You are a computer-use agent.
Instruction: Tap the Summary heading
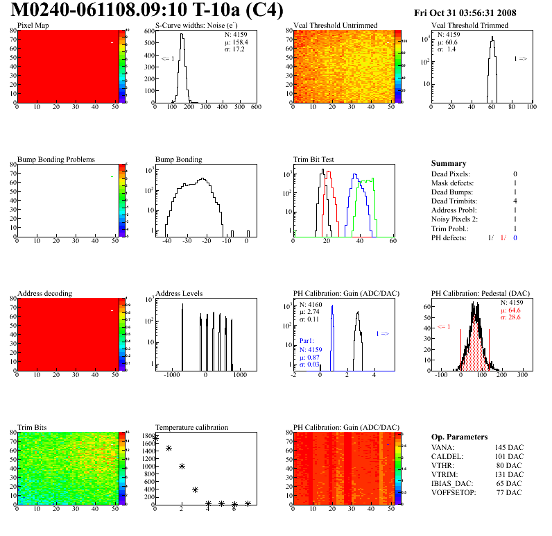[x=449, y=163]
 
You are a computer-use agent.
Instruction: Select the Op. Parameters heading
[x=459, y=437]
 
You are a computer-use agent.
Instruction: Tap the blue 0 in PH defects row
[x=515, y=237]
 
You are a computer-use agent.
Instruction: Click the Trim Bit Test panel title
[x=314, y=160]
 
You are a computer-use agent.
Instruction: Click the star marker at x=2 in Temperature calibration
[x=182, y=467]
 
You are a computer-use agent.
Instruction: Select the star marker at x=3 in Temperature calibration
[x=195, y=490]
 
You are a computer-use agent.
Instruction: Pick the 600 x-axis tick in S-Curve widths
[x=256, y=108]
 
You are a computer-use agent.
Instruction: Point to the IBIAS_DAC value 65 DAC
[x=508, y=483]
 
